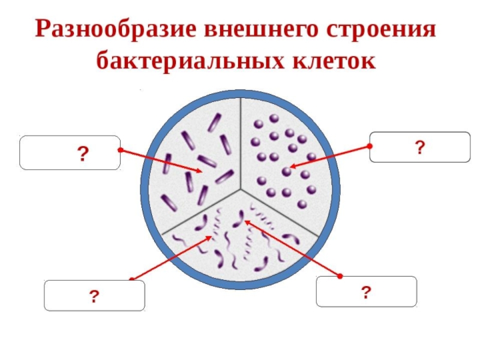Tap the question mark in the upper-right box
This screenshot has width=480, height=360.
coord(419,147)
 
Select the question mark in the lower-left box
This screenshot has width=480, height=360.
coord(94,296)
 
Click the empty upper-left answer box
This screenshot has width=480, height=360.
coord(70,152)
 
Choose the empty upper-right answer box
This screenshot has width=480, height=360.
coord(419,147)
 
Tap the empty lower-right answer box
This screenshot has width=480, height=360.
coord(366,292)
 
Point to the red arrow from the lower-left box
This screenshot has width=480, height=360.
coord(171,257)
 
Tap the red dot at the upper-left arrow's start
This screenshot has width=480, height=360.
coord(120,149)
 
